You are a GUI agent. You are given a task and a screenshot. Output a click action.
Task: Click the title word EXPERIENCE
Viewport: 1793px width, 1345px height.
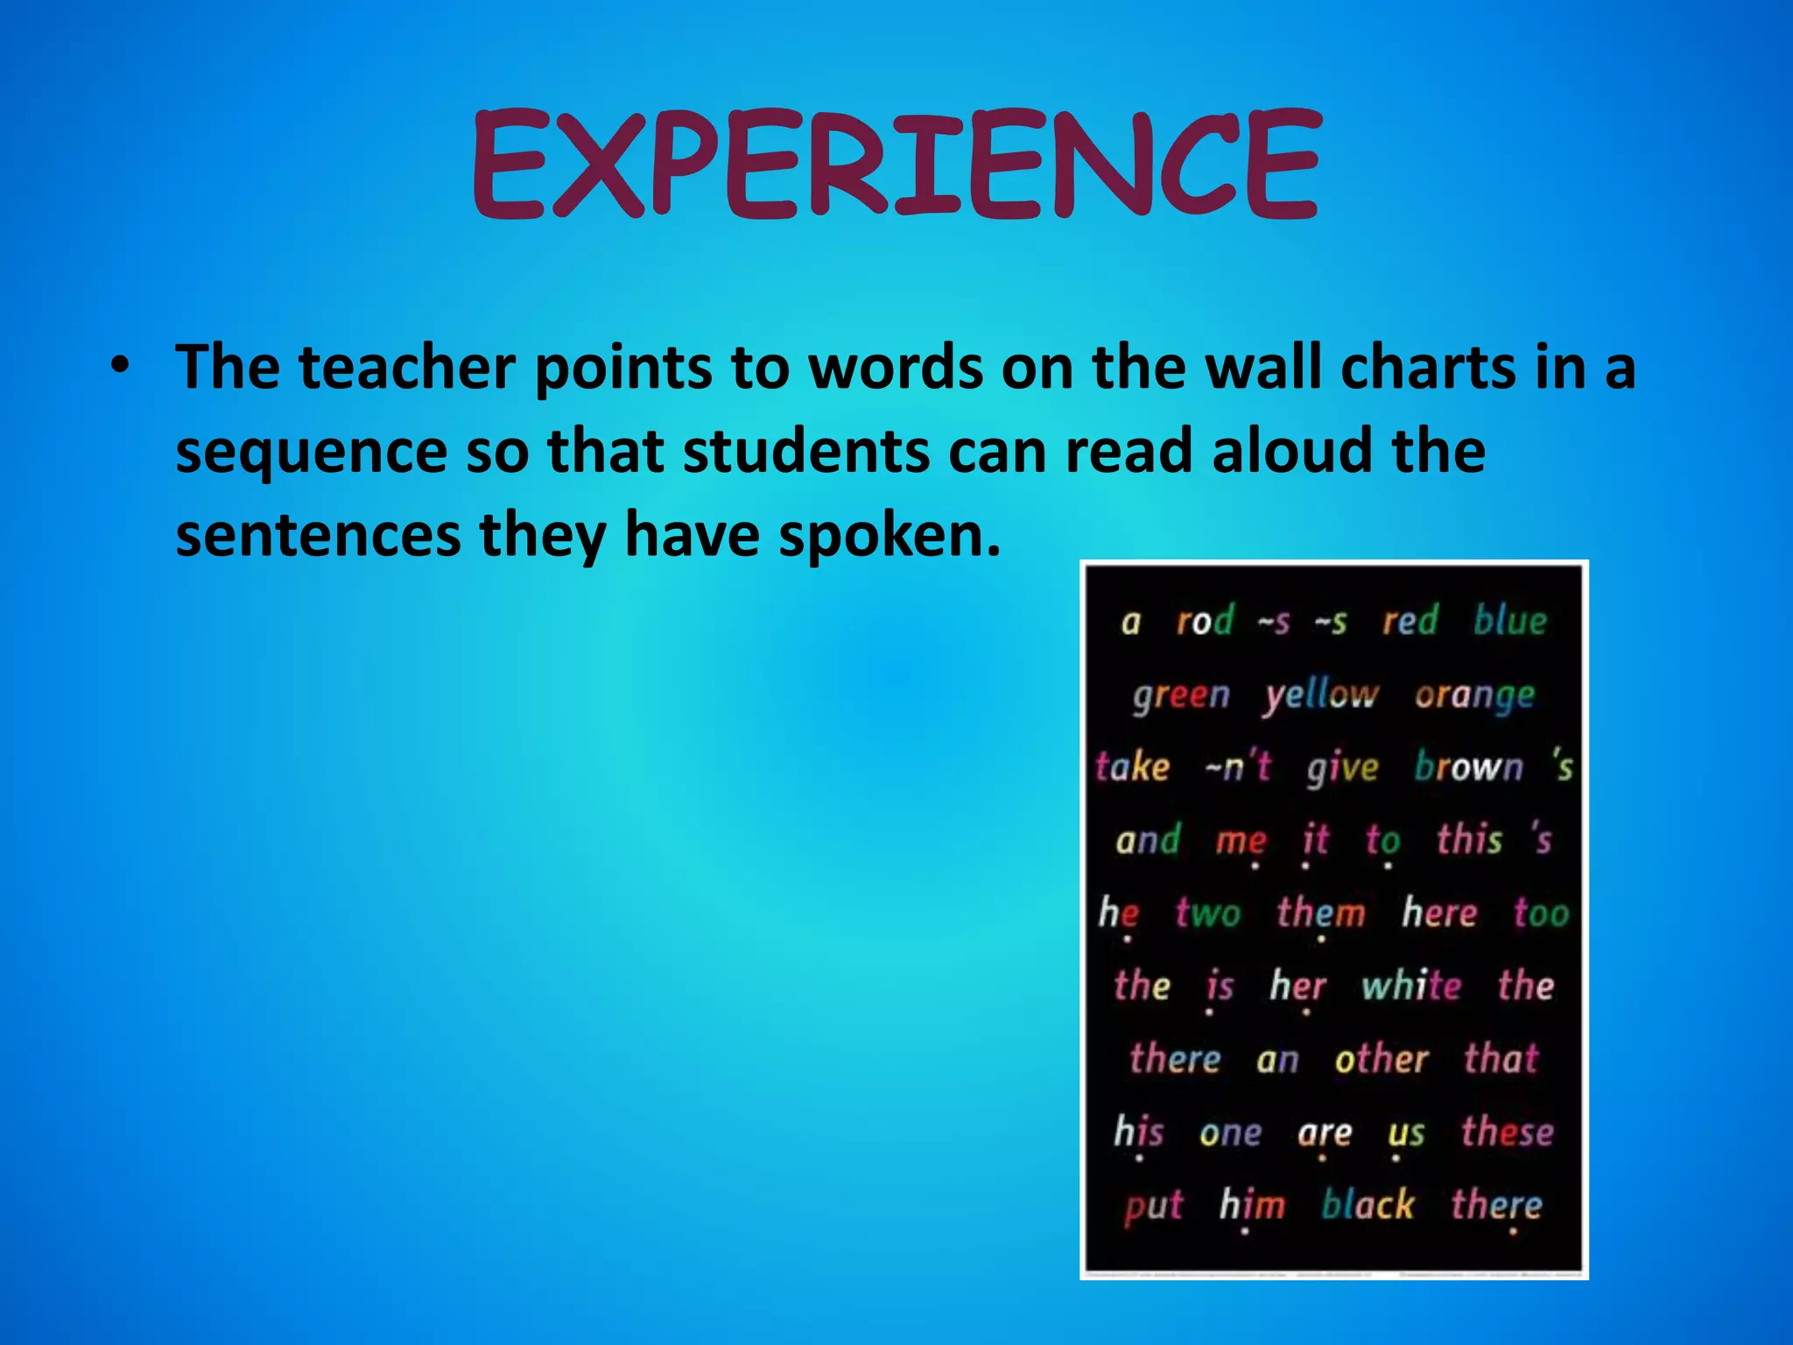pos(896,165)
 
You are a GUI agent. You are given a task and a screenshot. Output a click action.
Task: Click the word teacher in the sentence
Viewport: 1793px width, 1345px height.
pos(406,368)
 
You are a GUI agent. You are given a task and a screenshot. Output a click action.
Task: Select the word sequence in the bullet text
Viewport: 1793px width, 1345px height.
pos(312,453)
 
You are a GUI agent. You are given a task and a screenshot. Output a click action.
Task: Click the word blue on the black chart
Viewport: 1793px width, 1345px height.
pos(1510,621)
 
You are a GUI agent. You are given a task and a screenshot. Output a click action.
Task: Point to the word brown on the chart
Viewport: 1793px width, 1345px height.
pos(1469,767)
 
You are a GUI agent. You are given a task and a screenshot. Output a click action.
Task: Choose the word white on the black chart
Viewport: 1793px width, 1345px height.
pos(1411,986)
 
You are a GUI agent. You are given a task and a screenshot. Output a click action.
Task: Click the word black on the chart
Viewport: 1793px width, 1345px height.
pos(1368,1205)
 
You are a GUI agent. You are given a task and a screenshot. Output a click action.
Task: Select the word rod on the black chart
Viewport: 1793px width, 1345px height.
pos(1205,622)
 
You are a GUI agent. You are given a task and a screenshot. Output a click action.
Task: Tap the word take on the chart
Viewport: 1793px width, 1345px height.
pos(1133,767)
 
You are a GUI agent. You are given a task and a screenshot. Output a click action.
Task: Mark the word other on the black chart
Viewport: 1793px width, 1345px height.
pos(1382,1060)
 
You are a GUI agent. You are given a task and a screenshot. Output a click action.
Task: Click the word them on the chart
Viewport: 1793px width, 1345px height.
pos(1320,913)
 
